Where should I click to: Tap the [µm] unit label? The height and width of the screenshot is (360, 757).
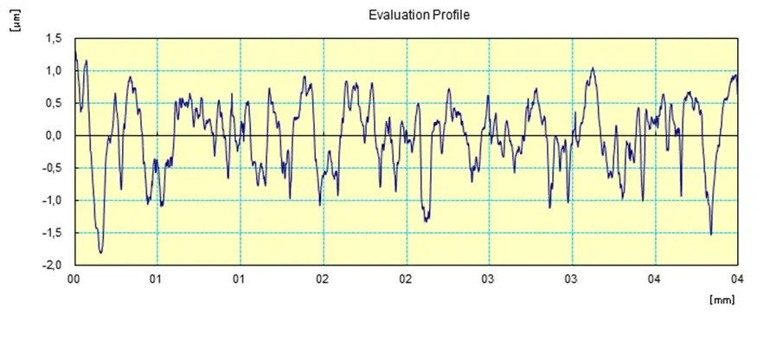(15, 27)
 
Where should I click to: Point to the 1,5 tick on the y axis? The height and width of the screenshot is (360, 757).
(55, 39)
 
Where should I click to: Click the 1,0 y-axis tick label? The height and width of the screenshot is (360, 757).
(55, 71)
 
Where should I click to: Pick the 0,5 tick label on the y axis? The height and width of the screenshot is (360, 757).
(55, 104)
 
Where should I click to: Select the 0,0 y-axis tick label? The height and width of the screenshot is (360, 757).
(55, 136)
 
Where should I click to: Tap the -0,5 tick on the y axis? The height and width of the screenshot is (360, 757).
(53, 169)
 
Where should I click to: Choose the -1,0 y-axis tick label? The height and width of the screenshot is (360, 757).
(53, 201)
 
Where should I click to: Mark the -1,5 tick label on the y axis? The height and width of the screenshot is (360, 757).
(53, 234)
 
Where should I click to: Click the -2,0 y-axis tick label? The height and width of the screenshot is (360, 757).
(53, 266)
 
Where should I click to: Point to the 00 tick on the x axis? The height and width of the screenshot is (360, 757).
(74, 280)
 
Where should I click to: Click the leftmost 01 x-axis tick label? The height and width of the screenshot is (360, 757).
(157, 280)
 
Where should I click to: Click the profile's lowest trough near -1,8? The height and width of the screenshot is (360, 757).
(101, 252)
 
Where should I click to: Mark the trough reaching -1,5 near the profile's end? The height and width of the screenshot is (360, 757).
(711, 234)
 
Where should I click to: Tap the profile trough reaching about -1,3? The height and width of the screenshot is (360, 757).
(426, 222)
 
